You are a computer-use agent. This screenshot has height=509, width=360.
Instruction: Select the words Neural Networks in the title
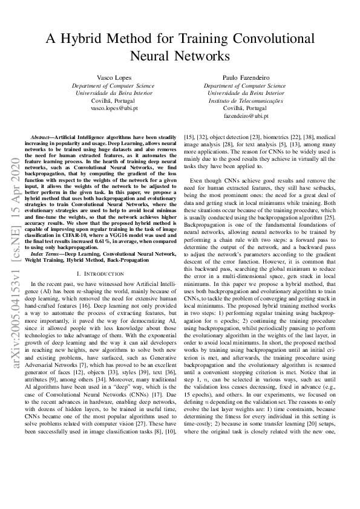pos(180,56)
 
